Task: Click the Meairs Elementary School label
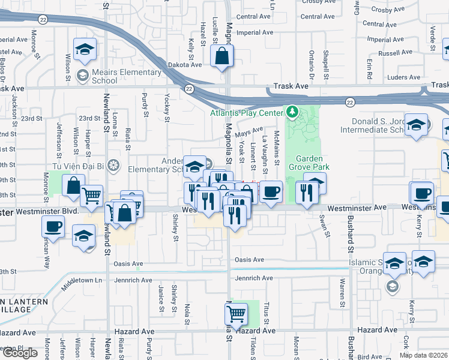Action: [127, 76]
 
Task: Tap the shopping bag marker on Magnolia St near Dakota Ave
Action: [222, 57]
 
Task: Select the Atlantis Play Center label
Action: [246, 113]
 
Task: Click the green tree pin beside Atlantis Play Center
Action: [292, 112]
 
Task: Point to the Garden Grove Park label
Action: [310, 163]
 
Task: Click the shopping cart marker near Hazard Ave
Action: [237, 313]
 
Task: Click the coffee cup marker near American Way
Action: [53, 227]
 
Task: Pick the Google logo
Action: [20, 353]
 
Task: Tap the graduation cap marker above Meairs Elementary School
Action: [85, 50]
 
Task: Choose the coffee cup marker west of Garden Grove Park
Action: [271, 191]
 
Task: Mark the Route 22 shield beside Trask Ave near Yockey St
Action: [189, 89]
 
